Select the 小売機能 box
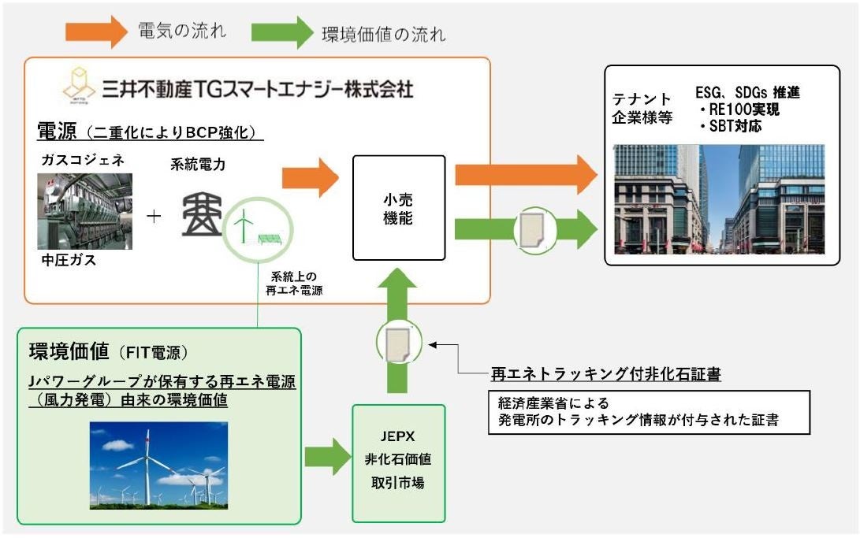399,208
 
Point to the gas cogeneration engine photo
84,211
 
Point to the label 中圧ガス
66,261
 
